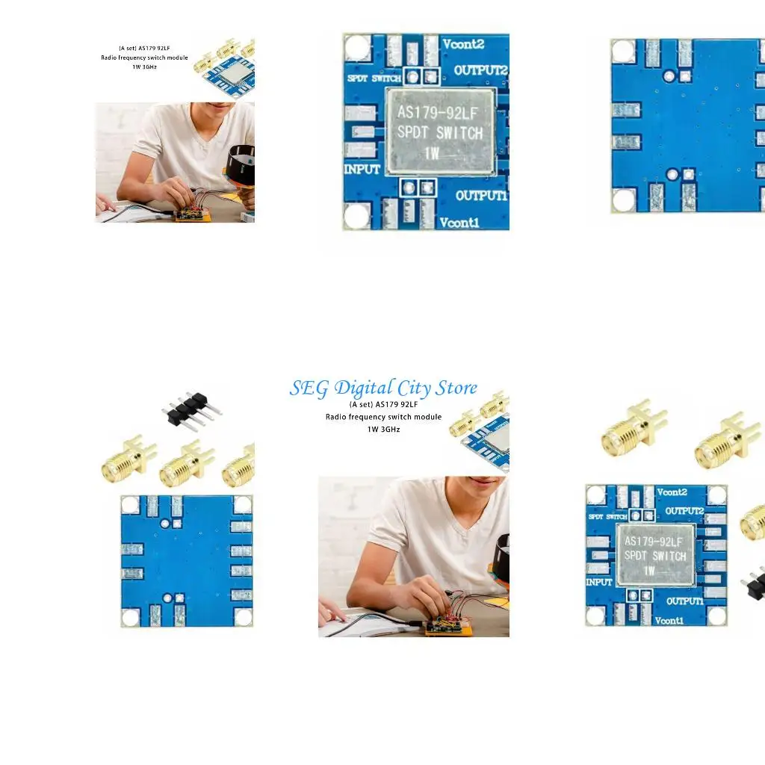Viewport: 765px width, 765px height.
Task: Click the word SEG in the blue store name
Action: (309, 388)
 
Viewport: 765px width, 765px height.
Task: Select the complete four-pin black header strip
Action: (191, 409)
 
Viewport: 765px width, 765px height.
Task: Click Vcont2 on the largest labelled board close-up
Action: (463, 44)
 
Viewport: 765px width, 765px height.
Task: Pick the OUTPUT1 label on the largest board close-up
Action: (481, 196)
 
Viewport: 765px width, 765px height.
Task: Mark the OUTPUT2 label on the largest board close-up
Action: (481, 70)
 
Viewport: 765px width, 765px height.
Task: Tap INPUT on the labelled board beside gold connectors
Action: (599, 581)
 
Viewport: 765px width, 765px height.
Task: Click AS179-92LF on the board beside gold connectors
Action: (654, 541)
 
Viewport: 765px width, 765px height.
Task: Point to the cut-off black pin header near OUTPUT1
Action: (755, 583)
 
